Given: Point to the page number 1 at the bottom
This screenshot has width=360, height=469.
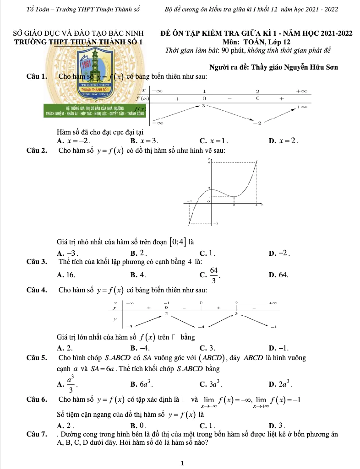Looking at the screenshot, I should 182,463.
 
